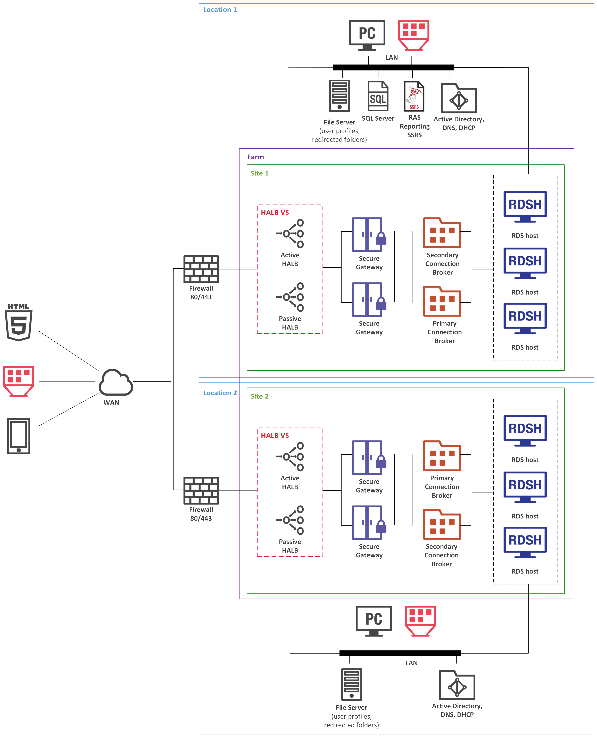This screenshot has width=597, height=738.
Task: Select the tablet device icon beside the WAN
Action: [x=19, y=436]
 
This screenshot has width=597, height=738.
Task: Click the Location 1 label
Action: [x=220, y=10]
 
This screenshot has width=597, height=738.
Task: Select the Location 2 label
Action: [x=220, y=393]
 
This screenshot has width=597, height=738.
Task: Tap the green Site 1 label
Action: [x=259, y=173]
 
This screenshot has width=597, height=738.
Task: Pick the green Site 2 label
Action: [x=259, y=396]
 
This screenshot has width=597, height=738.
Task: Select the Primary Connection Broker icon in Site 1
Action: [x=442, y=301]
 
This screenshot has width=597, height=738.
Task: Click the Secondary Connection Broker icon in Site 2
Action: [x=442, y=524]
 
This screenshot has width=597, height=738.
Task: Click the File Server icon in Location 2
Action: [x=351, y=684]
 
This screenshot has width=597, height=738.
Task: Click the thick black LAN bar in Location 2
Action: [x=400, y=653]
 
